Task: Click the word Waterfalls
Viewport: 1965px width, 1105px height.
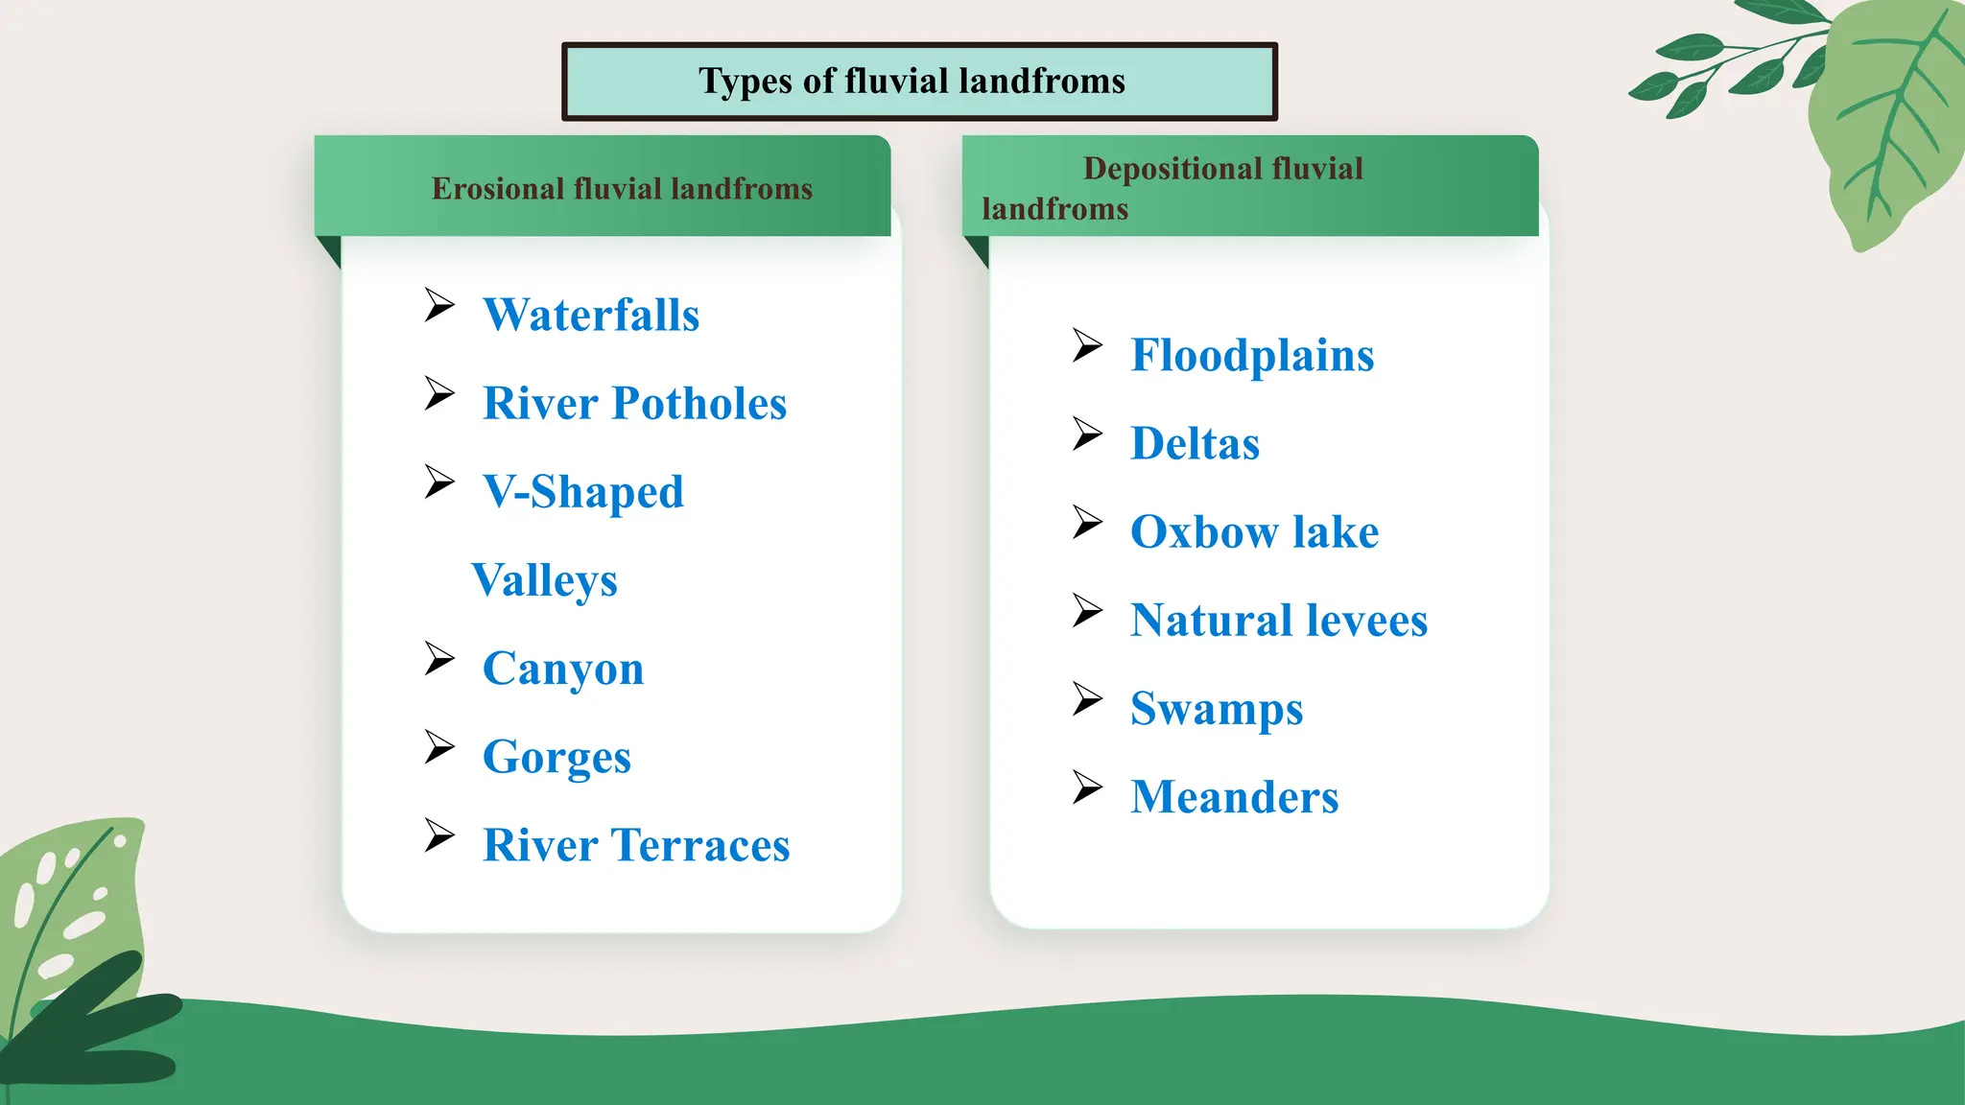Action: pyautogui.click(x=591, y=315)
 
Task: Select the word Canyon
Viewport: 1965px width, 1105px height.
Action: pyautogui.click(x=563, y=669)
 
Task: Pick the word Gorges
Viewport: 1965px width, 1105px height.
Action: pyautogui.click(x=556, y=757)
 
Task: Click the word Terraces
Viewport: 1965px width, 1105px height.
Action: pyautogui.click(x=701, y=845)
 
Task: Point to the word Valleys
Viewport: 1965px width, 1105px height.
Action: pyautogui.click(x=544, y=580)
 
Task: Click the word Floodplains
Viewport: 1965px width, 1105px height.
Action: pyautogui.click(x=1252, y=356)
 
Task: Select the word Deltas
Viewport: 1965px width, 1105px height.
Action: pyautogui.click(x=1195, y=443)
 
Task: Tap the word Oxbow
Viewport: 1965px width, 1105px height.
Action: pyautogui.click(x=1203, y=531)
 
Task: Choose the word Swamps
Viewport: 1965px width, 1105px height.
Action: pyautogui.click(x=1217, y=709)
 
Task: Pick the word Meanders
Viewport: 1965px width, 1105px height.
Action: pyautogui.click(x=1234, y=797)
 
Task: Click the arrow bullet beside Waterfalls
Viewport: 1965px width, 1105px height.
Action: pyautogui.click(x=439, y=305)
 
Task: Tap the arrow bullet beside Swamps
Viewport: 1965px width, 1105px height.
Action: pyautogui.click(x=1087, y=698)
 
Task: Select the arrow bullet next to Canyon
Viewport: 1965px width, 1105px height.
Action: pyautogui.click(x=439, y=659)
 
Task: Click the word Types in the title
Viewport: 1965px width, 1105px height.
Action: pyautogui.click(x=746, y=82)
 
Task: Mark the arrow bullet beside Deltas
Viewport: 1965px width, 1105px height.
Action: pyautogui.click(x=1087, y=434)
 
